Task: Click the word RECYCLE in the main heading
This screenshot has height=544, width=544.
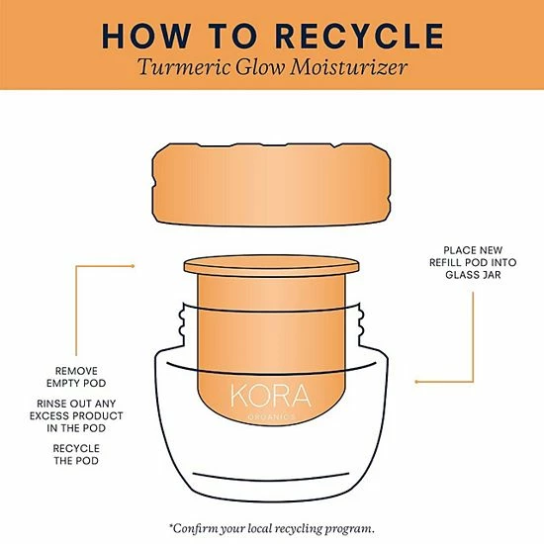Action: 359,36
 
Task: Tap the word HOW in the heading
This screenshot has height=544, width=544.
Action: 146,36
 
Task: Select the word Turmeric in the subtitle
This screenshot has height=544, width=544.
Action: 184,66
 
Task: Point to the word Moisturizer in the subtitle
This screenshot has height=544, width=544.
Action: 349,66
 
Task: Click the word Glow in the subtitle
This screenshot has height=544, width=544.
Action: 260,66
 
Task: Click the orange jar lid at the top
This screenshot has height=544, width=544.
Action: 272,185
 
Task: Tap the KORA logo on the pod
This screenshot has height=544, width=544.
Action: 271,396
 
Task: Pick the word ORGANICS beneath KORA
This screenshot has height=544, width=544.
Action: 271,417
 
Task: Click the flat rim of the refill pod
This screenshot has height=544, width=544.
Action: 272,266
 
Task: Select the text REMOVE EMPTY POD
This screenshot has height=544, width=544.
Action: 76,377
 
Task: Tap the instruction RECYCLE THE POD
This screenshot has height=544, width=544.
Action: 76,455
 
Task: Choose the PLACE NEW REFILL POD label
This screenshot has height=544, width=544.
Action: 473,256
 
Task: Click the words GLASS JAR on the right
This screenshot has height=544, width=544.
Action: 473,275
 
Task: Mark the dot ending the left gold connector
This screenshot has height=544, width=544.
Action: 133,266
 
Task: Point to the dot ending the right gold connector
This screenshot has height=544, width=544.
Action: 416,382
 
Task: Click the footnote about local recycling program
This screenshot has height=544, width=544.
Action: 272,529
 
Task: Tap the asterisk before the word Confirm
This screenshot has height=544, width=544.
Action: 171,526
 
